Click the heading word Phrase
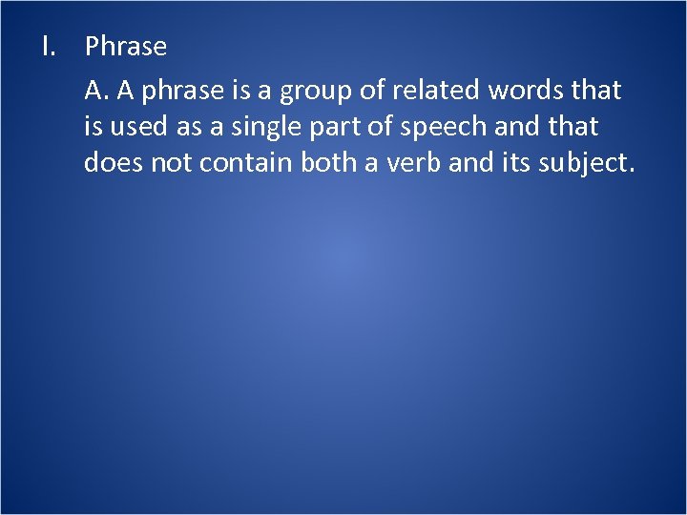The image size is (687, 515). (126, 46)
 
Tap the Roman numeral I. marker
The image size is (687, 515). (49, 46)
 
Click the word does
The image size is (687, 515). (112, 162)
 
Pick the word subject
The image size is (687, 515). (586, 163)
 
